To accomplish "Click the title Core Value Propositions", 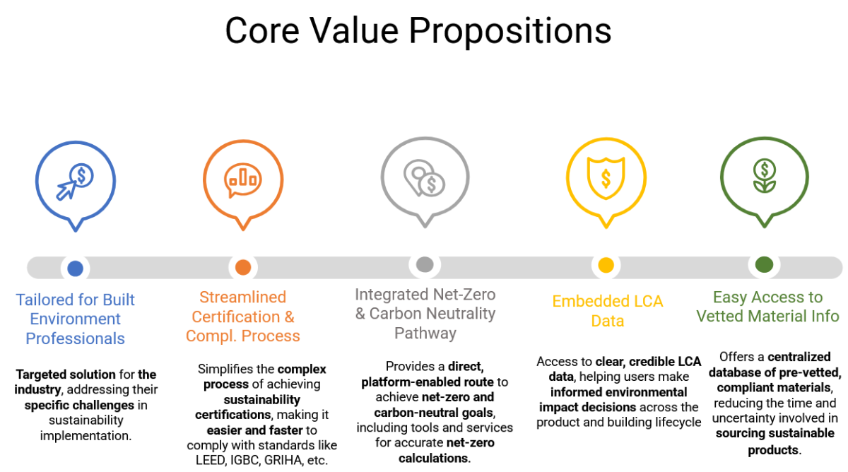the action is click(418, 31).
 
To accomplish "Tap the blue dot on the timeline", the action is click(75, 269).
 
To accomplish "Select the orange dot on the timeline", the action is click(243, 267).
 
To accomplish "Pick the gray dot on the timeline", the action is click(425, 264).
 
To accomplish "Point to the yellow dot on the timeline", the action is click(606, 265).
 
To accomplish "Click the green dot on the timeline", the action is click(764, 264).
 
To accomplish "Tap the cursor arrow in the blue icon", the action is click(66, 189).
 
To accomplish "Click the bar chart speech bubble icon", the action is click(242, 180).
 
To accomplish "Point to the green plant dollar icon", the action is click(765, 176).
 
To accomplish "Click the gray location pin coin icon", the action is click(424, 178).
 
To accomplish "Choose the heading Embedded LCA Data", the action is click(608, 311).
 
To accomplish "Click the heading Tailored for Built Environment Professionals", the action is click(75, 319).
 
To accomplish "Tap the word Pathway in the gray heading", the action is click(425, 333).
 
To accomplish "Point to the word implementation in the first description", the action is click(86, 436).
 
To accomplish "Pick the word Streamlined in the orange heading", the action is click(242, 297).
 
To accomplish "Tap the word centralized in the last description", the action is click(799, 357).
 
